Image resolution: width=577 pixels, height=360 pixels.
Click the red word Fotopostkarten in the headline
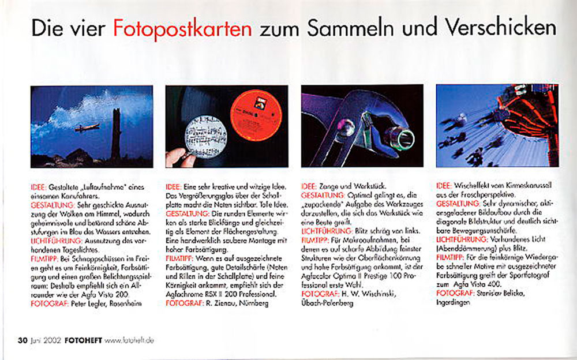(x=182, y=29)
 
